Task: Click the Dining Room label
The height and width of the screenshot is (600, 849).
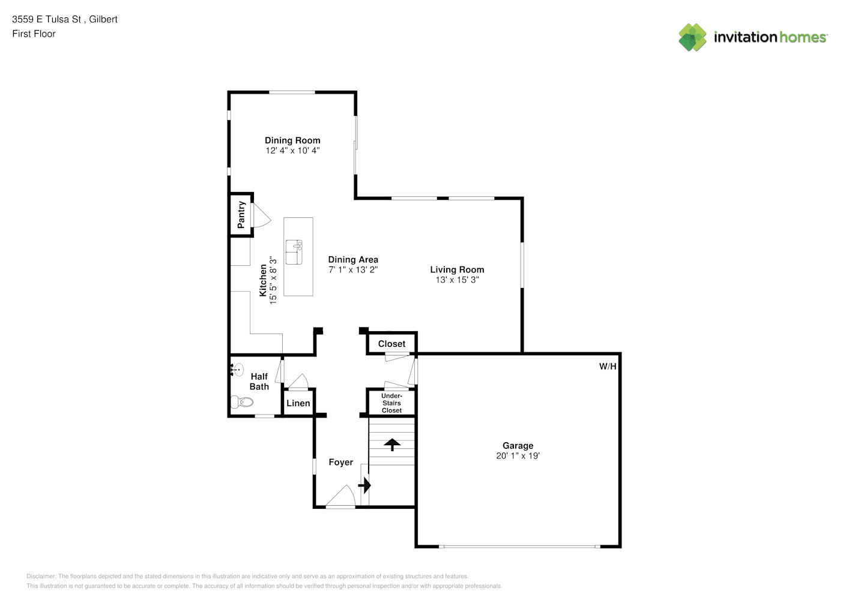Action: click(x=292, y=140)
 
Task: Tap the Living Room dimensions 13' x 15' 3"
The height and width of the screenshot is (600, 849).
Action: click(x=457, y=280)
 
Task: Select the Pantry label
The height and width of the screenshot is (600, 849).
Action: click(x=241, y=215)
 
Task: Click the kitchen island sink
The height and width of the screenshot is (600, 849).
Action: click(x=294, y=252)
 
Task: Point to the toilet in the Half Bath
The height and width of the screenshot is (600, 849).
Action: click(x=242, y=402)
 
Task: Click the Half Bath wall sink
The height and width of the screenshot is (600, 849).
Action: click(x=237, y=370)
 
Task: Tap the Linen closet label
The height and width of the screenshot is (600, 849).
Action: click(x=298, y=403)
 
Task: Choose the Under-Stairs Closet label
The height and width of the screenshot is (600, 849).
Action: click(x=391, y=403)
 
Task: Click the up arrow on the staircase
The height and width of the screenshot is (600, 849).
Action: click(x=392, y=445)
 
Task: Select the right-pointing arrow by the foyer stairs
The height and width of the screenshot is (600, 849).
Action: click(x=364, y=485)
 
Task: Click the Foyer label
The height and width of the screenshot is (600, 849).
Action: click(x=340, y=462)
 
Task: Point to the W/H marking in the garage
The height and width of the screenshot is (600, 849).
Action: click(x=608, y=366)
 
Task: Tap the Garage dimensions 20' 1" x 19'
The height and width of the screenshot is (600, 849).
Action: click(x=518, y=455)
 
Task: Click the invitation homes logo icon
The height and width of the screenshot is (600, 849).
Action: click(x=692, y=37)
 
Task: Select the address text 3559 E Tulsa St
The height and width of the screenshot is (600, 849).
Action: click(x=47, y=19)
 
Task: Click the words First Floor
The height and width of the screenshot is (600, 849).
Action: click(x=34, y=34)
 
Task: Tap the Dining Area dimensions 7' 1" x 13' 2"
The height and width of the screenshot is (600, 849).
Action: click(x=353, y=269)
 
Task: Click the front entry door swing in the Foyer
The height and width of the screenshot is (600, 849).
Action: click(x=340, y=496)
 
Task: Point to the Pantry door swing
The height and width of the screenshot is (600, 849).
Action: click(x=262, y=215)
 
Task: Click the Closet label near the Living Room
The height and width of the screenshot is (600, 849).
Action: click(x=391, y=344)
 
